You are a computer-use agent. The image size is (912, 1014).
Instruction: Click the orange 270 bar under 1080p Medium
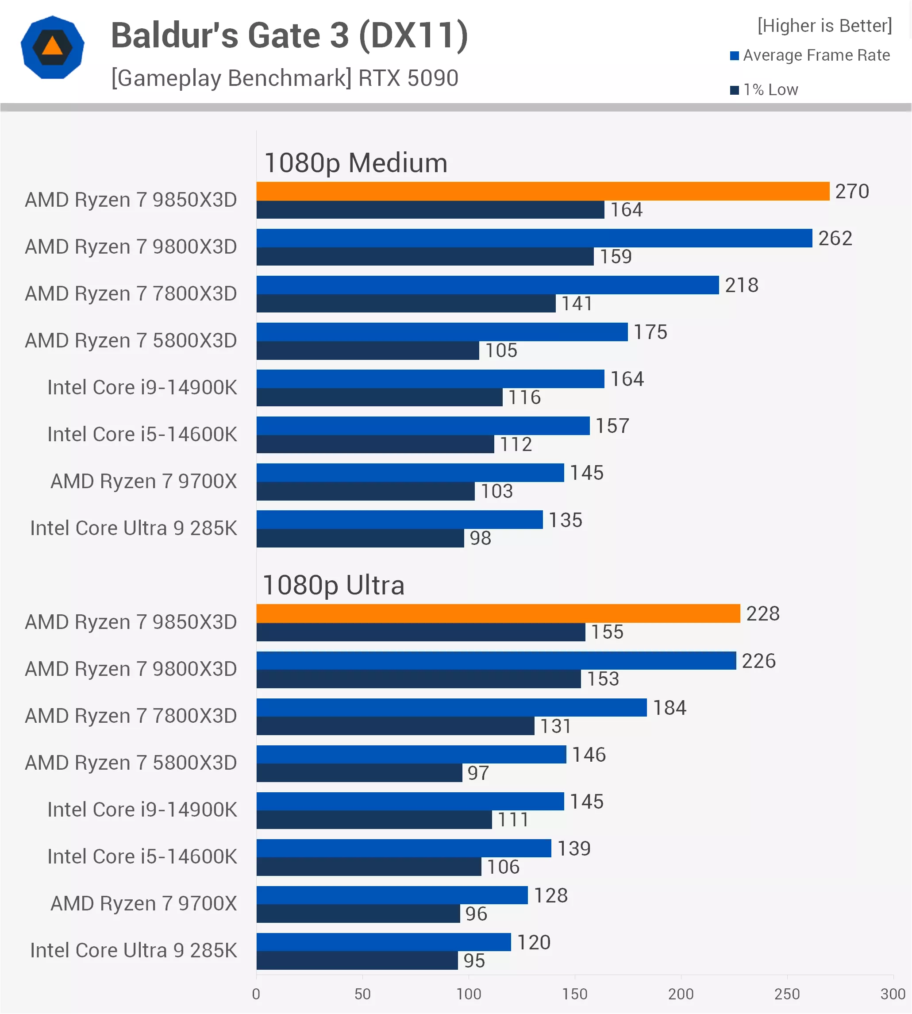tap(543, 191)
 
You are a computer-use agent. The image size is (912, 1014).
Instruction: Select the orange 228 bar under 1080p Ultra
tap(498, 613)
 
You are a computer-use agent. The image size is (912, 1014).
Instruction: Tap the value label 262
tap(835, 238)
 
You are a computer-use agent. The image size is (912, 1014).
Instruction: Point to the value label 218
tap(742, 285)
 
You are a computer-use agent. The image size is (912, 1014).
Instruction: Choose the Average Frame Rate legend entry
tap(810, 55)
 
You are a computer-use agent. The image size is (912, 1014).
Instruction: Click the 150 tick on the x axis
tap(574, 994)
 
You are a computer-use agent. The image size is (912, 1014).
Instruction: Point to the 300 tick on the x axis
tap(893, 994)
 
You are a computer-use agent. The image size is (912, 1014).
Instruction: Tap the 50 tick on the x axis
tap(362, 994)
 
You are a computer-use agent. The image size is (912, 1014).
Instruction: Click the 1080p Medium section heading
tap(356, 163)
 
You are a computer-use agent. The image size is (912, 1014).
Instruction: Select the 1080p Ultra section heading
tap(334, 585)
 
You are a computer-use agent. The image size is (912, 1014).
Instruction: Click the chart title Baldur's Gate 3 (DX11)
tap(290, 35)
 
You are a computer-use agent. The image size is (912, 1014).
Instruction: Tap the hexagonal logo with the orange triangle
tap(53, 47)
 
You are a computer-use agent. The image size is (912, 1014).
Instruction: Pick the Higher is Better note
tap(824, 26)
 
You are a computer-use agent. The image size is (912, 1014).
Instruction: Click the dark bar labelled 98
tap(360, 538)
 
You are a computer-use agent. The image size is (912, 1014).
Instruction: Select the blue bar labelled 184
tap(451, 707)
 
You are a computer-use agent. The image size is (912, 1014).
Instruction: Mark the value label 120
tap(534, 942)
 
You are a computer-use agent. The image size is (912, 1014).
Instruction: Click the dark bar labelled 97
tap(359, 772)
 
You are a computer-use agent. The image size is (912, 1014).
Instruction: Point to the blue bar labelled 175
tap(442, 332)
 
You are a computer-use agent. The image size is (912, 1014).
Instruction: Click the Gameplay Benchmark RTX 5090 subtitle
tap(285, 78)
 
